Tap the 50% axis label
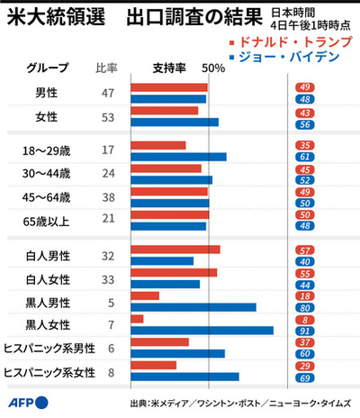(213, 68)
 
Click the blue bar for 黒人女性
(202, 330)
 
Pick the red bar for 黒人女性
(137, 319)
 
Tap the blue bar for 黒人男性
(193, 306)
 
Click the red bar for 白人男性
(175, 250)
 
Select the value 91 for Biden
(329, 330)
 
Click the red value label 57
(329, 250)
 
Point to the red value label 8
(329, 319)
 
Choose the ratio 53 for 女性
(108, 116)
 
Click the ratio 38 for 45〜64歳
(108, 197)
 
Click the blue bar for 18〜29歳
(178, 156)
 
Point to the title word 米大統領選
(45, 17)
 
